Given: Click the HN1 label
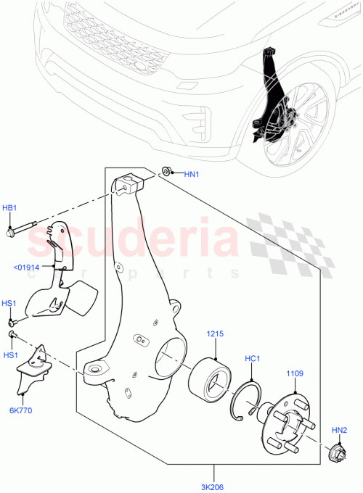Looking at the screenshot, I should coord(191,174).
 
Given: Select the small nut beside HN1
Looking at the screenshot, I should coord(166,171).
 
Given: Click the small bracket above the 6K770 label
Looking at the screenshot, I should coord(30,370).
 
